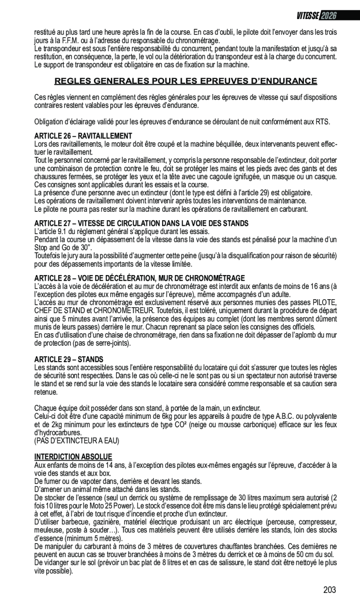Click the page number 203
coord(329,590)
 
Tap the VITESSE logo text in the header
coord(308,15)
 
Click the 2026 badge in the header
coord(328,15)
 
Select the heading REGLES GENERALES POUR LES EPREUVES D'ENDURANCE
coord(186,81)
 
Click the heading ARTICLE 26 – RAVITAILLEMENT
coord(83,135)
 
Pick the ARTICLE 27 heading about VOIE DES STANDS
coord(141,223)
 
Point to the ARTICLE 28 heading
coord(139,278)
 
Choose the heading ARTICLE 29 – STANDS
coord(69,359)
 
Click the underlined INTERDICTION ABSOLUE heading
coord(73,457)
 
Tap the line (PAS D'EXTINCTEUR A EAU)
coord(77,440)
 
